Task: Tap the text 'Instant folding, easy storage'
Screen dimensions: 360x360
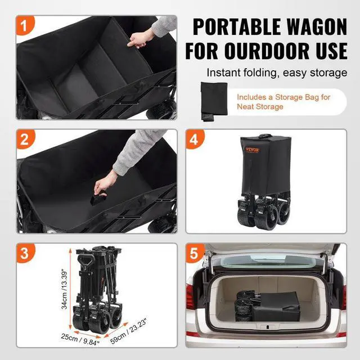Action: pyautogui.click(x=276, y=73)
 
